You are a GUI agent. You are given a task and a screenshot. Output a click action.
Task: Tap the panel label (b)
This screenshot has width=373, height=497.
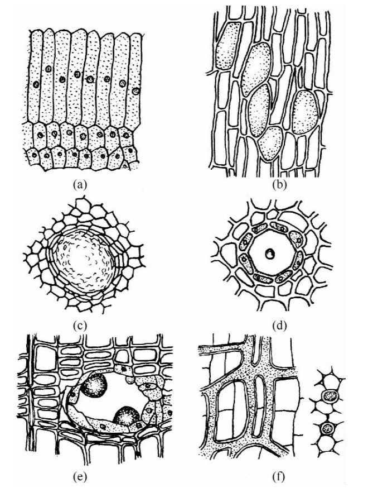(x=279, y=184)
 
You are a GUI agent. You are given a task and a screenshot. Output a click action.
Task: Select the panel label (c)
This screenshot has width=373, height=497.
(x=79, y=325)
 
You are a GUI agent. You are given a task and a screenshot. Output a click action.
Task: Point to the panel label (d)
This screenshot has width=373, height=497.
(x=279, y=325)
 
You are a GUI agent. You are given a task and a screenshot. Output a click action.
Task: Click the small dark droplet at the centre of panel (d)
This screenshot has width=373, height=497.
(x=270, y=254)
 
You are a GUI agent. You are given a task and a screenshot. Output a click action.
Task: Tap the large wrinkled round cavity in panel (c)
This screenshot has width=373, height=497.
(x=87, y=262)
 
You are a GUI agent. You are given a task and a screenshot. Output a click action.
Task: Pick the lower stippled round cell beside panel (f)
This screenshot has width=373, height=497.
(x=328, y=429)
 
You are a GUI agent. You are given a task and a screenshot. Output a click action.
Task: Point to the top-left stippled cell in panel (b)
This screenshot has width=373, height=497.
(x=226, y=46)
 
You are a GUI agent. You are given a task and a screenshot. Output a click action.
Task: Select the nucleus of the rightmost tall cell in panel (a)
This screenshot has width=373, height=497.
(x=135, y=91)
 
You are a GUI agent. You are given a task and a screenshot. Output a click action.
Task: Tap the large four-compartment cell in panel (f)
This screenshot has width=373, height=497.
(x=231, y=407)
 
